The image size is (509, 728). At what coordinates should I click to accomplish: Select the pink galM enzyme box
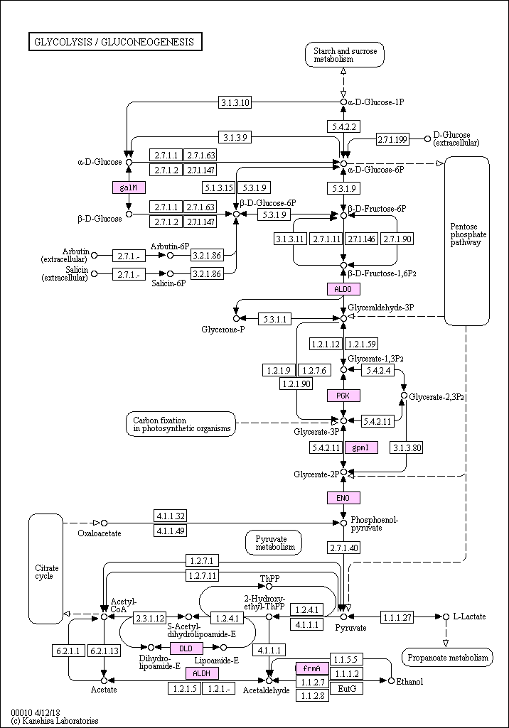pyautogui.click(x=129, y=188)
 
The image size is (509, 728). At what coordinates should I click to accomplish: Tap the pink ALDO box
pyautogui.click(x=343, y=289)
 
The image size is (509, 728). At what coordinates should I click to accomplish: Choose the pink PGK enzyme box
pyautogui.click(x=343, y=396)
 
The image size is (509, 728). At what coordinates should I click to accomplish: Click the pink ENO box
pyautogui.click(x=343, y=498)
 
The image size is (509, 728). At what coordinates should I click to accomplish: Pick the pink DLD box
pyautogui.click(x=186, y=648)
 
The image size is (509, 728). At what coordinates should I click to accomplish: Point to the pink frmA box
pyautogui.click(x=311, y=668)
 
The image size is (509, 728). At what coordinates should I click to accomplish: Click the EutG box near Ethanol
pyautogui.click(x=346, y=688)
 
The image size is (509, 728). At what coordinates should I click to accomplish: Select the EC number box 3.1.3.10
pyautogui.click(x=235, y=103)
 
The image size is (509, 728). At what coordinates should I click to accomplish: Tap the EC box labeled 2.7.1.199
pyautogui.click(x=392, y=138)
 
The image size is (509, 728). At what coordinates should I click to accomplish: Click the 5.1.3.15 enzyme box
pyautogui.click(x=218, y=188)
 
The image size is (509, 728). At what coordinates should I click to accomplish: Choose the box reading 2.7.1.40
pyautogui.click(x=343, y=548)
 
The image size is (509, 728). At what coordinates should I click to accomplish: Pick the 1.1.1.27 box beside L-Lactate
pyautogui.click(x=397, y=616)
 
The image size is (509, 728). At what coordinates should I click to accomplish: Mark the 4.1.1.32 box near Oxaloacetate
pyautogui.click(x=171, y=516)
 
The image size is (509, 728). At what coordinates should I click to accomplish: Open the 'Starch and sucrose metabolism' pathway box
pyautogui.click(x=344, y=55)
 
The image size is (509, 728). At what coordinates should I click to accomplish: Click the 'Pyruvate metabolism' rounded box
pyautogui.click(x=274, y=543)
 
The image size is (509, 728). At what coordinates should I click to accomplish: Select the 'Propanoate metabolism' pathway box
pyautogui.click(x=447, y=658)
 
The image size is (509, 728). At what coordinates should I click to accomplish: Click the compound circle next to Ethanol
pyautogui.click(x=391, y=680)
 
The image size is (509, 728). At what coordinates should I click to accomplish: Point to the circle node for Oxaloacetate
pyautogui.click(x=104, y=523)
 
